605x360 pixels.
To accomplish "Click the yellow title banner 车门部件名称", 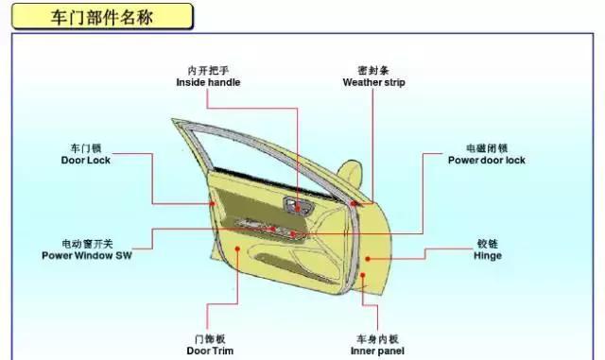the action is [x=102, y=16].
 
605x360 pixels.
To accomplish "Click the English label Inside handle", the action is [x=208, y=82].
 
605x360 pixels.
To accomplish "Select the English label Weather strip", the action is [x=374, y=82].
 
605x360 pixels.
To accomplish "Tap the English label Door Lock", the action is [x=86, y=160].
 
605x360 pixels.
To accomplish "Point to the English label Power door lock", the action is [x=487, y=160].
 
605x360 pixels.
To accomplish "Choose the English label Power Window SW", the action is [x=87, y=255].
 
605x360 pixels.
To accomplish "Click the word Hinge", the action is [x=488, y=256].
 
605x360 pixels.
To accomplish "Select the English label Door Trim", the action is [x=210, y=351].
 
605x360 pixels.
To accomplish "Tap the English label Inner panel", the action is [x=377, y=351].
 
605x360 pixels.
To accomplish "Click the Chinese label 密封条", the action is [x=373, y=70].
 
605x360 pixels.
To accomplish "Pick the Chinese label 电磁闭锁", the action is [x=487, y=148].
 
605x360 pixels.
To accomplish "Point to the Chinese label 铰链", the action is [x=488, y=244].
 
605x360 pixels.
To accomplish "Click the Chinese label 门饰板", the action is [x=210, y=339].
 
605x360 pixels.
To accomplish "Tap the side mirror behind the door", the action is [x=351, y=175].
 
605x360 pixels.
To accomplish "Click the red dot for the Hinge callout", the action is [x=368, y=259].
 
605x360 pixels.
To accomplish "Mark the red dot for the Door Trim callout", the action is [x=237, y=249].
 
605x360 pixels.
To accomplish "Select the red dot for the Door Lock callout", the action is [x=212, y=203].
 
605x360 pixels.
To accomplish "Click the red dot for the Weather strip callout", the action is [x=354, y=203].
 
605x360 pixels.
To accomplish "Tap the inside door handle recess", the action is [x=299, y=205].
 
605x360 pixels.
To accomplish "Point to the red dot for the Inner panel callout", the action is [x=363, y=275].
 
